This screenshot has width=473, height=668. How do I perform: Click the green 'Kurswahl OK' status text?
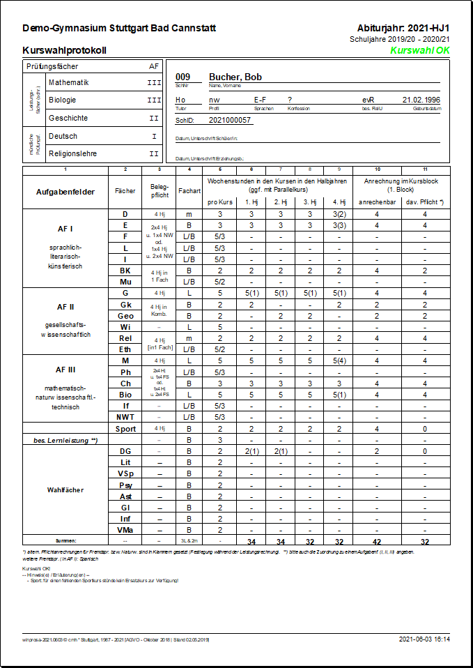point(419,51)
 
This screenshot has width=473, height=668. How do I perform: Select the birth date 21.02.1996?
point(421,100)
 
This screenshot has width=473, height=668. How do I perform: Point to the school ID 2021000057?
point(230,121)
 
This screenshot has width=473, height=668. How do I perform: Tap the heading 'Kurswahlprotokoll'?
point(64,51)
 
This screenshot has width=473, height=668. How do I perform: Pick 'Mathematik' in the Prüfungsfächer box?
point(69,82)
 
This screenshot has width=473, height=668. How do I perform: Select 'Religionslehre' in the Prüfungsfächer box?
point(72,153)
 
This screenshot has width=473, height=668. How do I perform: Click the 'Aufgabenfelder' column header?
point(65,191)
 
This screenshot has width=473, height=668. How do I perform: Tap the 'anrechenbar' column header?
point(377,202)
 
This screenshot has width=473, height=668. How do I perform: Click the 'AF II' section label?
point(65,306)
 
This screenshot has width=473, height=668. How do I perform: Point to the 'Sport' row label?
point(125,429)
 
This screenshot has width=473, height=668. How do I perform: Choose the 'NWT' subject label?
point(125,417)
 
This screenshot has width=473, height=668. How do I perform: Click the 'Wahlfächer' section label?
point(65,490)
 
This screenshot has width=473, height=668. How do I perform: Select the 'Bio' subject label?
point(125,395)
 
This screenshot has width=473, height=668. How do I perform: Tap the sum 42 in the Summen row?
point(377,541)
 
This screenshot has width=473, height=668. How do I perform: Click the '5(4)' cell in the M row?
point(339,361)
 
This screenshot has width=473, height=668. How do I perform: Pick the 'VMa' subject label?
point(125,530)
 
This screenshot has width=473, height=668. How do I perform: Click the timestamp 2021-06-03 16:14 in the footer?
point(424,639)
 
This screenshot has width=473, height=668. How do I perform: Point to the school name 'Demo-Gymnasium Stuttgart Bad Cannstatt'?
point(119,29)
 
